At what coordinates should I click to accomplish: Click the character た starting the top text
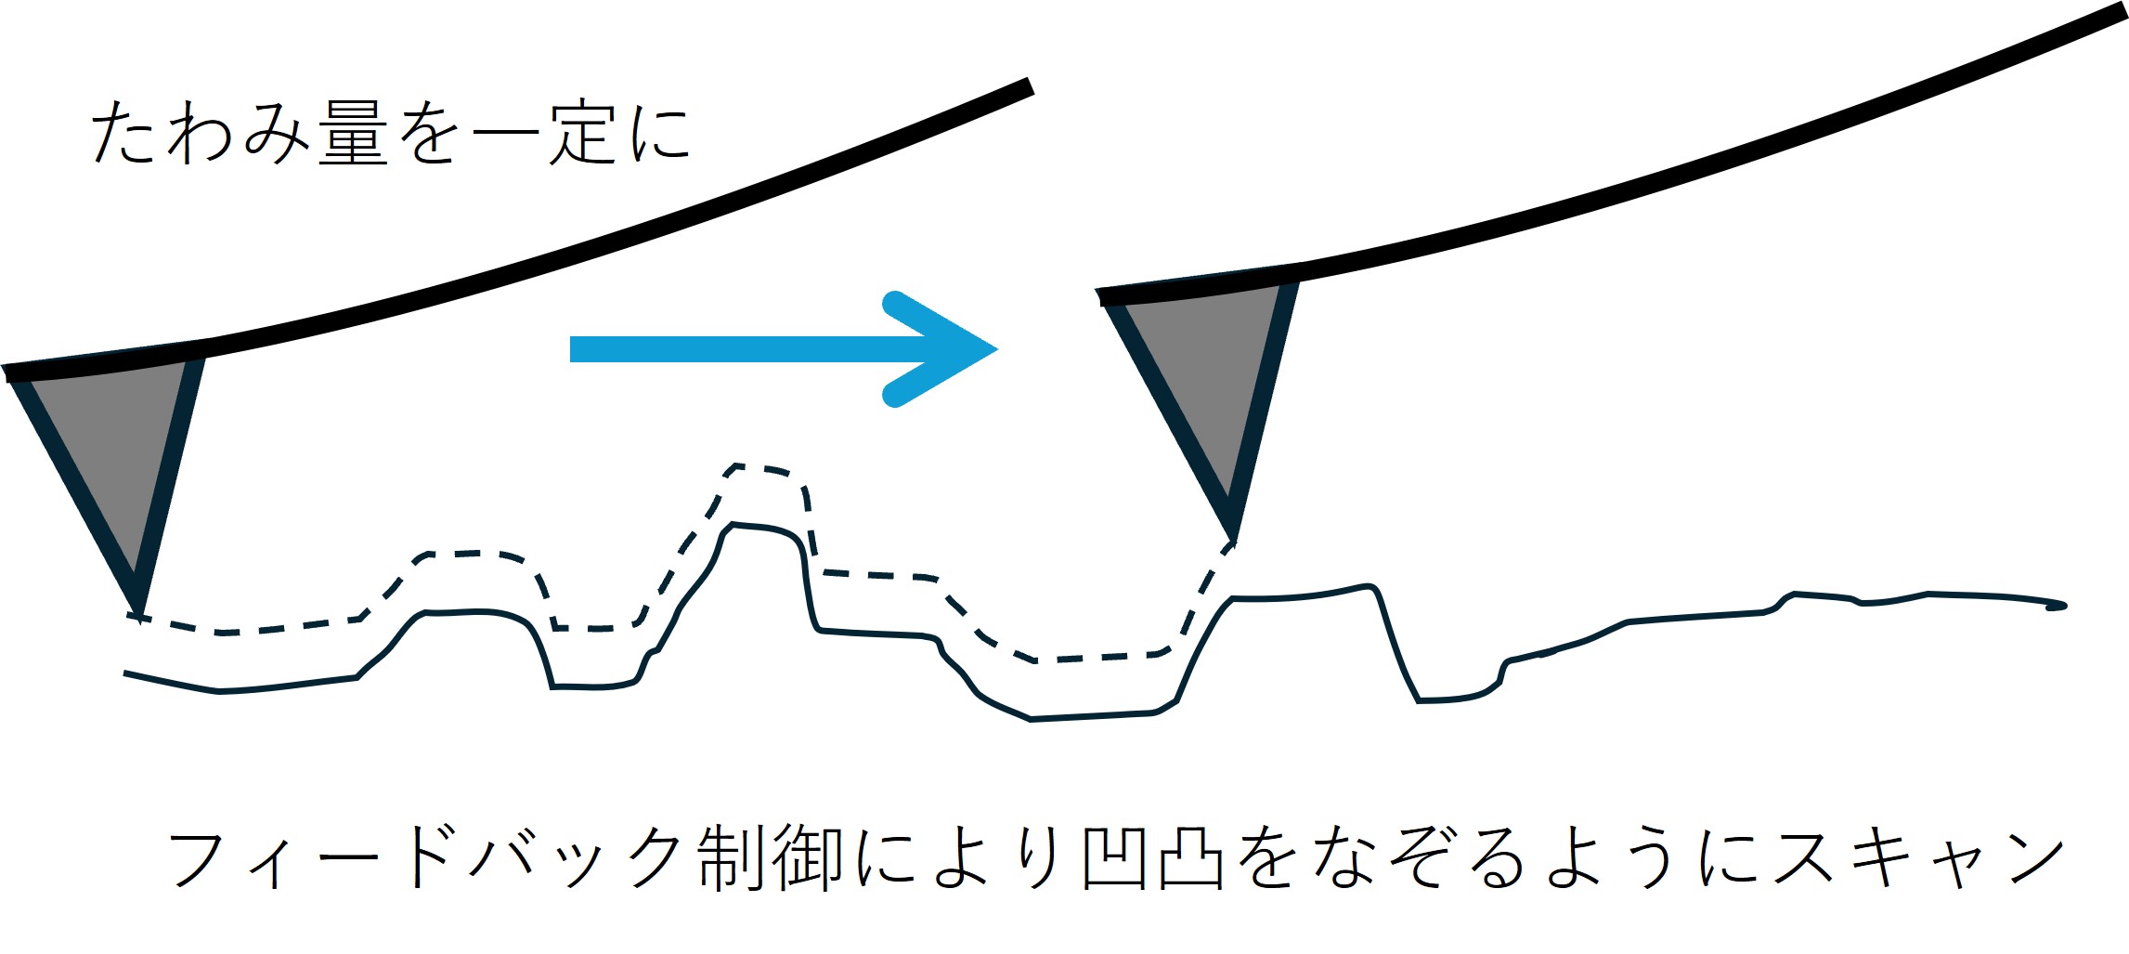(123, 135)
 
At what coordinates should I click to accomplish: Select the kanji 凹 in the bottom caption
(1115, 856)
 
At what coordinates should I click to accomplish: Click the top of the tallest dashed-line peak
(757, 466)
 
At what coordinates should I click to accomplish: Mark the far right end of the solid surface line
(2063, 606)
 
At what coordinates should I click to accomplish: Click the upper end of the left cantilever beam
(1029, 86)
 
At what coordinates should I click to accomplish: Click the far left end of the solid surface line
(126, 673)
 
